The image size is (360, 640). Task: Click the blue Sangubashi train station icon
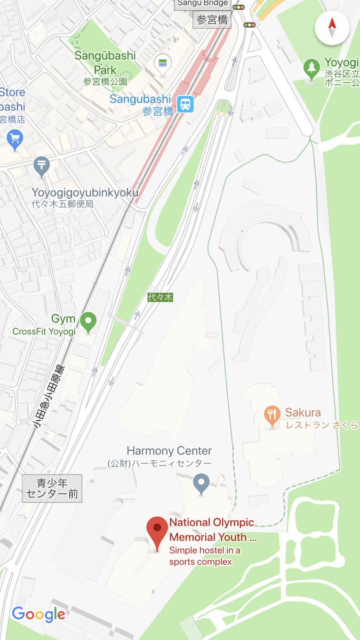click(186, 103)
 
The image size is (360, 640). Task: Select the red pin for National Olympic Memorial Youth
click(157, 531)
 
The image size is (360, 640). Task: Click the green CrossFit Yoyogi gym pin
click(88, 321)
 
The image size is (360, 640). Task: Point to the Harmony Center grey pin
click(201, 483)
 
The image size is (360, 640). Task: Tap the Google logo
click(38, 614)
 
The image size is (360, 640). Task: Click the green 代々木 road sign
click(161, 298)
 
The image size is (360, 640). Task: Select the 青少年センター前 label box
click(52, 489)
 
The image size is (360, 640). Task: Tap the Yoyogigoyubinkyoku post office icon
click(41, 166)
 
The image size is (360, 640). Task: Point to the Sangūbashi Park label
click(105, 62)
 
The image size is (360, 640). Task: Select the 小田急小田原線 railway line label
click(49, 397)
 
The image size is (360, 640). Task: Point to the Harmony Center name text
click(169, 451)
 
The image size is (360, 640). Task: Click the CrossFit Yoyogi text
click(44, 331)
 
